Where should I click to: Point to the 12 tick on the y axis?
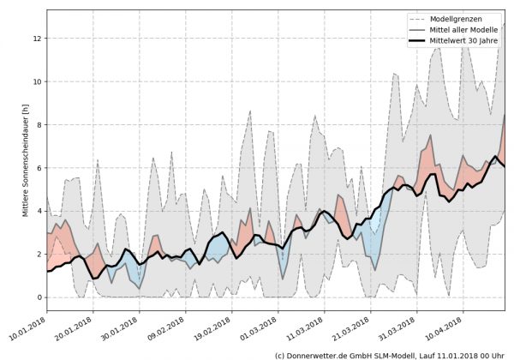pyautogui.click(x=39, y=38)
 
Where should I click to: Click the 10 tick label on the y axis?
pyautogui.click(x=39, y=81)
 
